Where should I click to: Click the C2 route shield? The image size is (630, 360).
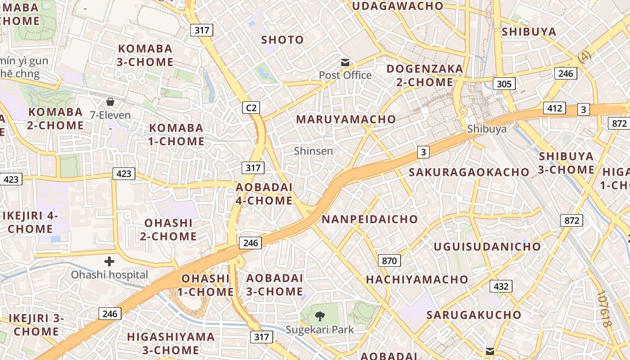(251, 108)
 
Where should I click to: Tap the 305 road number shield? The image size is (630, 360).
(504, 84)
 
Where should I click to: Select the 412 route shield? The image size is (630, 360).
(554, 108)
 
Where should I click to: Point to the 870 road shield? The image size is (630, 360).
(389, 261)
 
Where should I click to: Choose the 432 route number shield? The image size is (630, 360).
(501, 286)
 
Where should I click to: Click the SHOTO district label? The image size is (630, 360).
(283, 40)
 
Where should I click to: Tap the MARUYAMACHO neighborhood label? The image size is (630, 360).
(346, 119)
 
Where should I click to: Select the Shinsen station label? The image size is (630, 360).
(314, 151)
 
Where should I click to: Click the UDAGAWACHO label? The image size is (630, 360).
(398, 6)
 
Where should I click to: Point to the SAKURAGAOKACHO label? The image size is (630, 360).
(469, 172)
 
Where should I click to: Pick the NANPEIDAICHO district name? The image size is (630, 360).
(369, 219)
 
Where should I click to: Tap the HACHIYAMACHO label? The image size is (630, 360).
(411, 279)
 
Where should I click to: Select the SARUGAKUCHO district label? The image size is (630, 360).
(474, 315)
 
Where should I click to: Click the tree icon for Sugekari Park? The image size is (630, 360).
(320, 316)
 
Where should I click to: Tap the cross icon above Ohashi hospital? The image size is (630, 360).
(109, 261)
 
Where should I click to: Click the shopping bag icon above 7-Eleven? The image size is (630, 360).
(110, 102)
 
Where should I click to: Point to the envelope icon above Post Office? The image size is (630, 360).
(345, 63)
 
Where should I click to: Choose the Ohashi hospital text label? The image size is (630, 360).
(109, 274)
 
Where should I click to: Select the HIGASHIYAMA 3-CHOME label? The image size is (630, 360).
(171, 343)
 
